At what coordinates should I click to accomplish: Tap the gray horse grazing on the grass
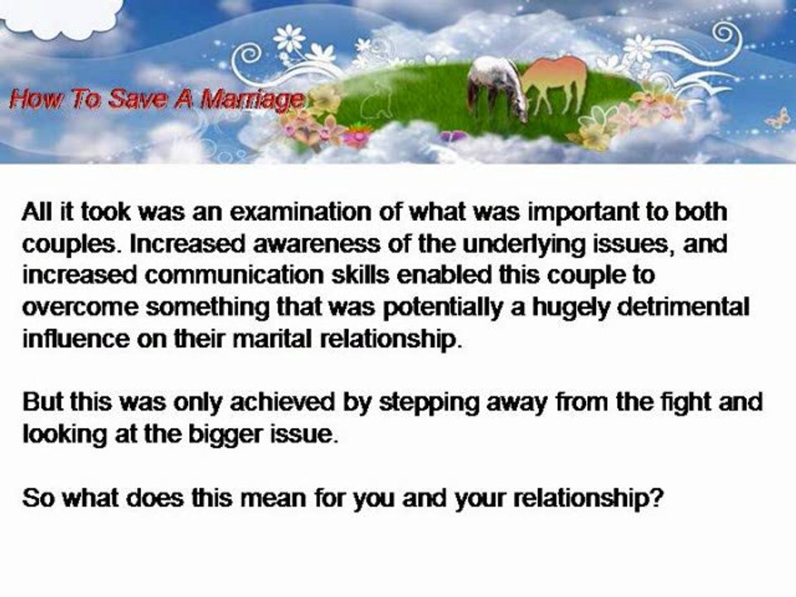click(496, 85)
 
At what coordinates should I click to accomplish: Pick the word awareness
click(277, 241)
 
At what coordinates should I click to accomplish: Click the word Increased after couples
click(161, 241)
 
